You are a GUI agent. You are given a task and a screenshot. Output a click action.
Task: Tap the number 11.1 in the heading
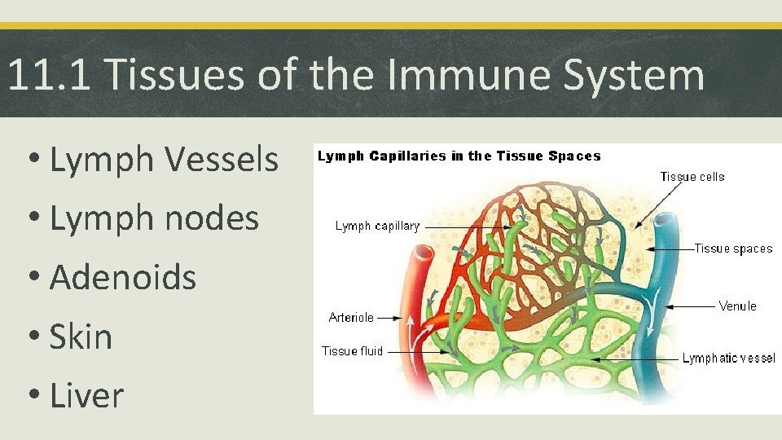point(51,76)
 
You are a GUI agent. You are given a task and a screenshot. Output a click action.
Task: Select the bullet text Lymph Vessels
point(164,160)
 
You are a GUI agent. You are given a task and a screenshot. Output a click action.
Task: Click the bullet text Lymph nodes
point(154,218)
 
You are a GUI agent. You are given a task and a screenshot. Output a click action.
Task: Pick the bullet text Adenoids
point(123,277)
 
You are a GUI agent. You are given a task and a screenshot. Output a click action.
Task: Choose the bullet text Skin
point(81,337)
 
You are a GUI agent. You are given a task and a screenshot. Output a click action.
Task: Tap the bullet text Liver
point(86,396)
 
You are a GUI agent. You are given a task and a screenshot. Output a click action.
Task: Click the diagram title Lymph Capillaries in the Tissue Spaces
point(459,156)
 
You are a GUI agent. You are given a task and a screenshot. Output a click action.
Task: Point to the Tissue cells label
point(692,177)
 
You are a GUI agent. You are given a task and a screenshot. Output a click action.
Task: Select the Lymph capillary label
point(377,226)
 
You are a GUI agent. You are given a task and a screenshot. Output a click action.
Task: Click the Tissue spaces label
point(733,249)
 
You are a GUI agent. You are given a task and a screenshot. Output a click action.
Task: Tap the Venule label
point(737,306)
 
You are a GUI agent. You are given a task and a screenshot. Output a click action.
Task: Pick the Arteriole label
point(351,318)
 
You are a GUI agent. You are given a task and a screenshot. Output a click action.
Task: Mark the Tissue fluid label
point(351,351)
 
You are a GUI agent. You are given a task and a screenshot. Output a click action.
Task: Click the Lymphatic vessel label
point(728,359)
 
